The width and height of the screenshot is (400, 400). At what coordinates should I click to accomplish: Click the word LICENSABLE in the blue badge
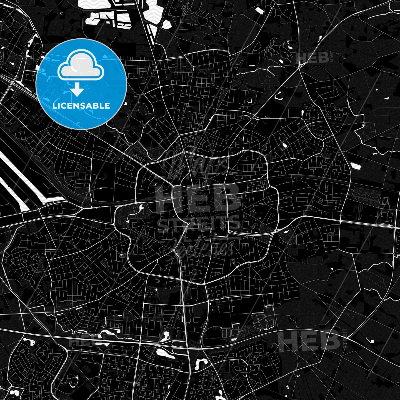pyautogui.click(x=81, y=106)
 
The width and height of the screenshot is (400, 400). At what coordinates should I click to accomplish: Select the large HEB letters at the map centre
pyautogui.click(x=198, y=198)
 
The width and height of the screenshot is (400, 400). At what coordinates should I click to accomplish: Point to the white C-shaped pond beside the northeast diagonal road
pyautogui.click(x=278, y=96)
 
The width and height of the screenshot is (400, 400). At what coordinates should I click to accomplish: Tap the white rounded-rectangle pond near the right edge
pyautogui.click(x=356, y=166)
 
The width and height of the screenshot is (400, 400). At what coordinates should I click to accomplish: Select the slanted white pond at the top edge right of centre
pyautogui.click(x=259, y=11)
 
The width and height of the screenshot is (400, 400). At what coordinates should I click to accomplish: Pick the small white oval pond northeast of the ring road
pyautogui.click(x=284, y=145)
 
